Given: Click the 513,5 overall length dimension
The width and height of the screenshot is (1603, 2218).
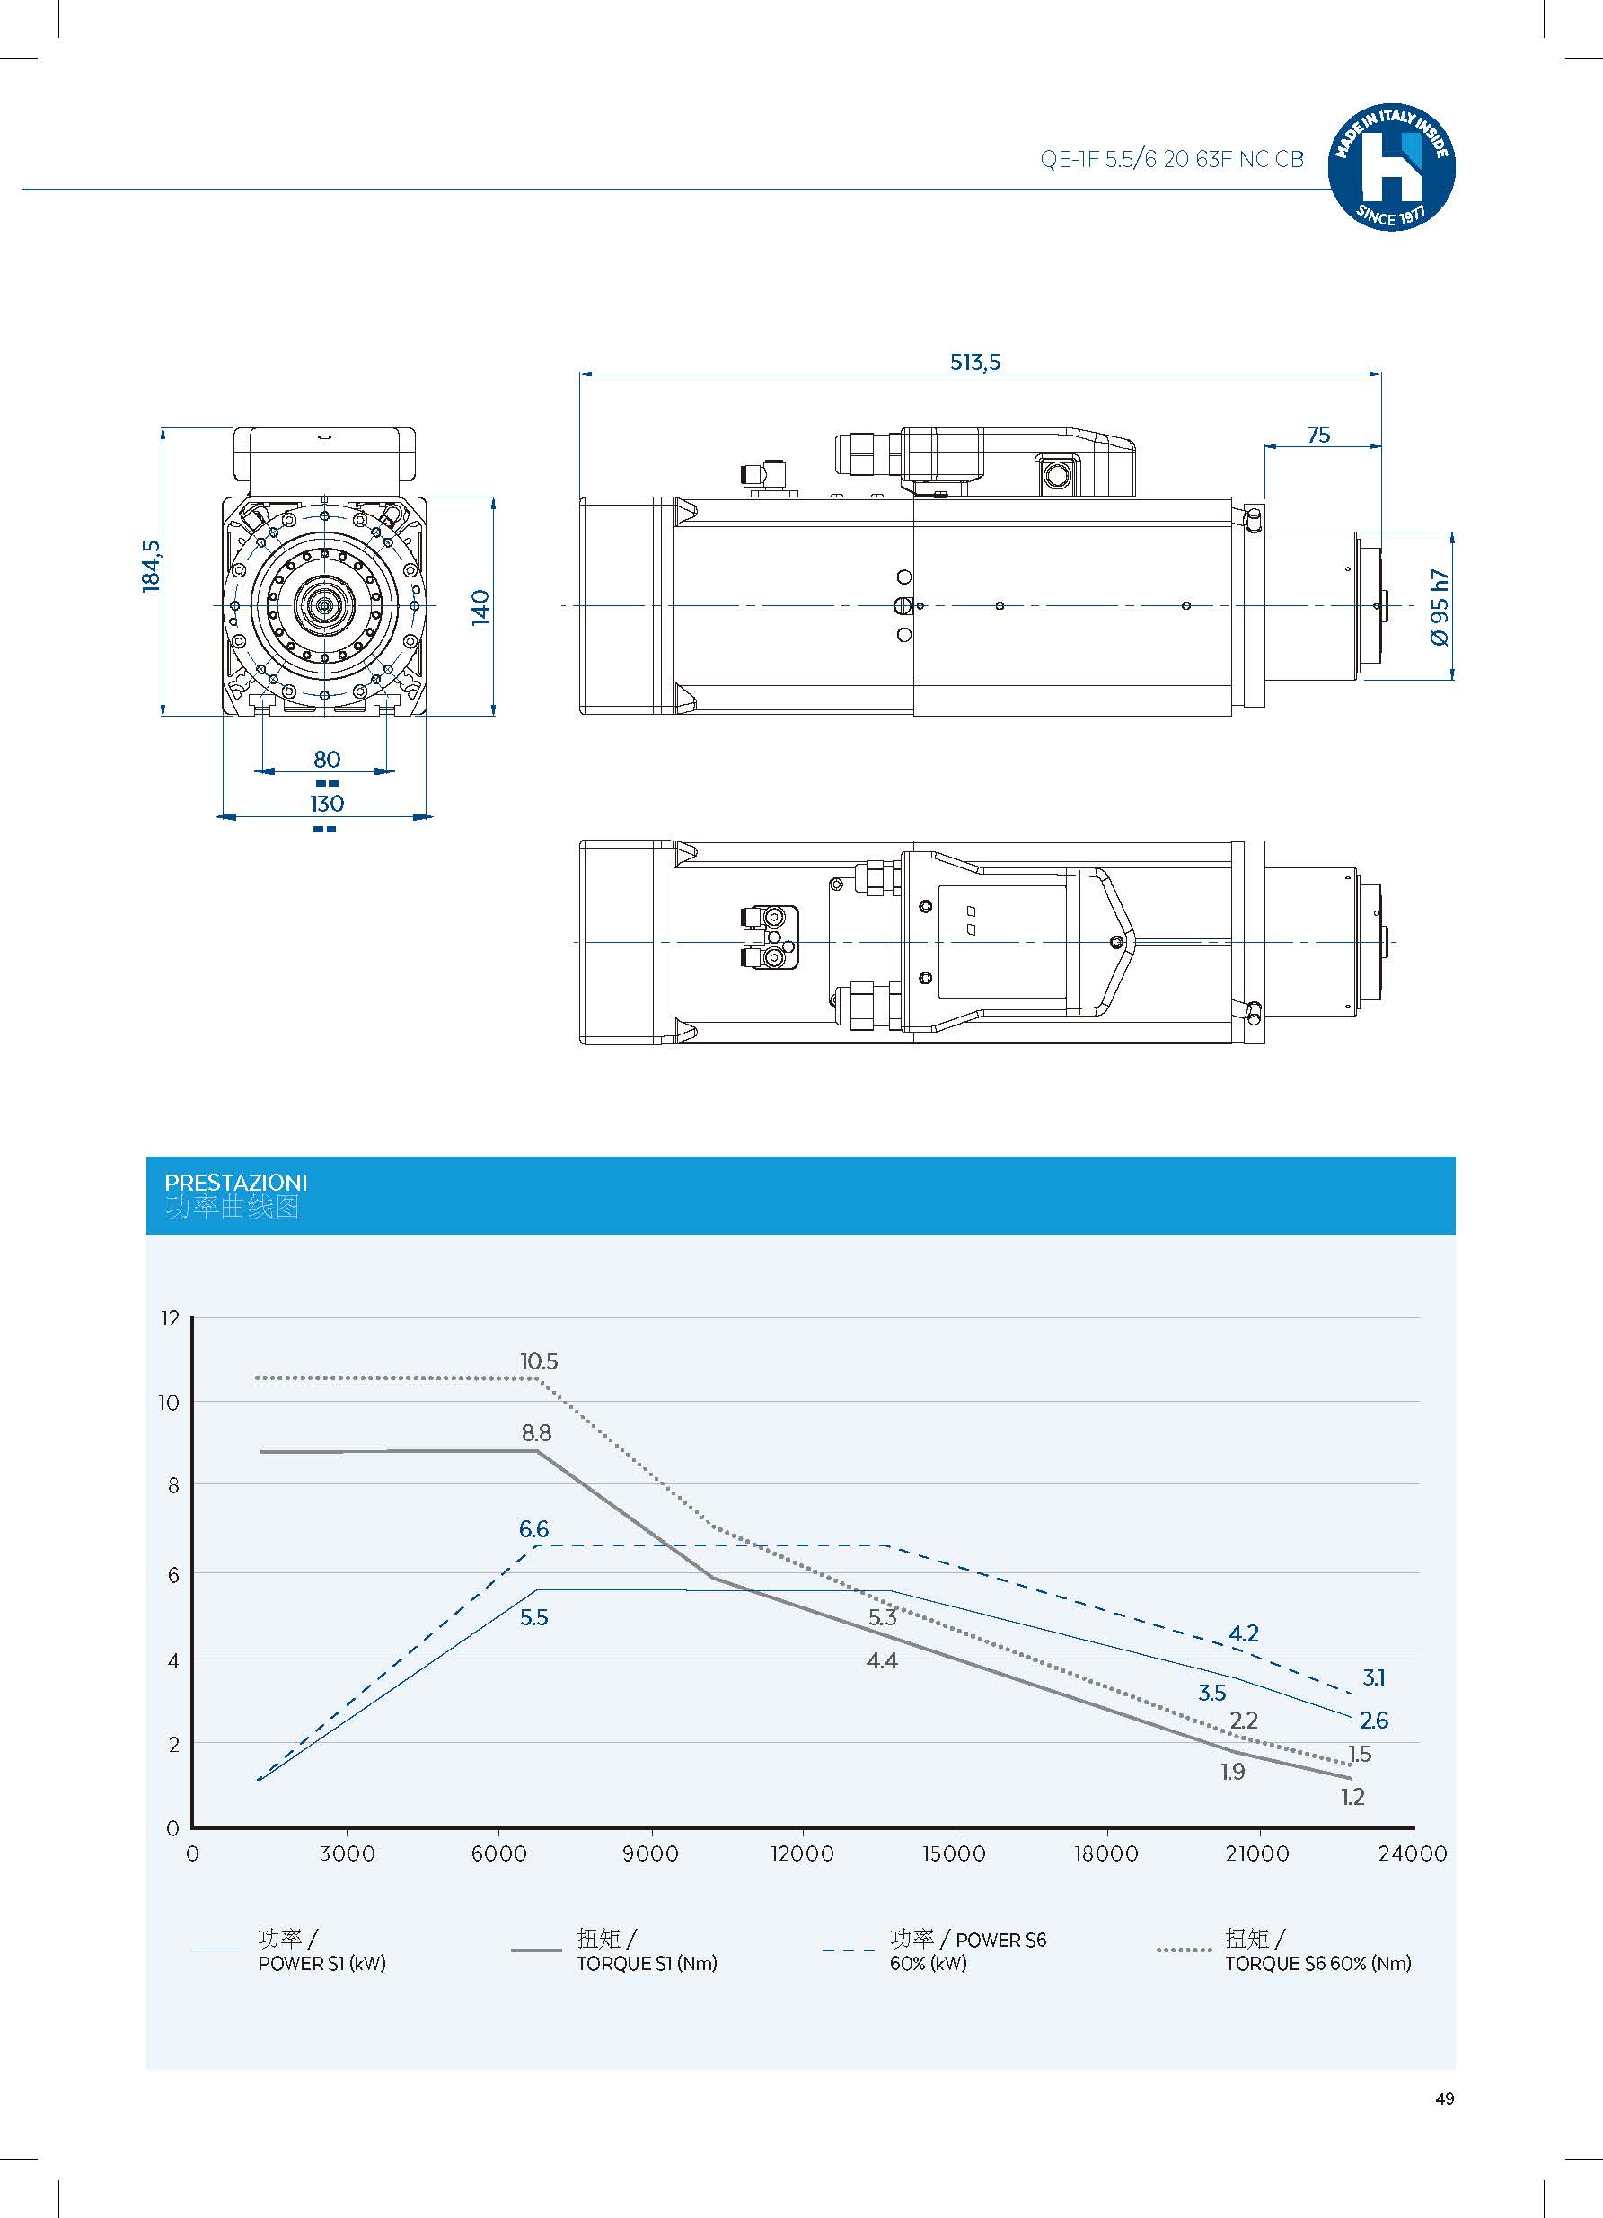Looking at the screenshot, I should pyautogui.click(x=975, y=362).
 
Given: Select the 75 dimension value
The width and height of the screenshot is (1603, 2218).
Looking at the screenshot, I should pyautogui.click(x=1317, y=436).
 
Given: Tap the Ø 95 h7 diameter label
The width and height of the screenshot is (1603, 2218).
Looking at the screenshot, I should pyautogui.click(x=1439, y=607).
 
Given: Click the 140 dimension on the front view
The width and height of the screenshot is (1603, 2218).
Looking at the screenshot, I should pyautogui.click(x=480, y=607).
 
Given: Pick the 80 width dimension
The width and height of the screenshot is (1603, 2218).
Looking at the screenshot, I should pyautogui.click(x=327, y=759).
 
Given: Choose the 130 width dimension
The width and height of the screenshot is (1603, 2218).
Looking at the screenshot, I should pyautogui.click(x=327, y=803).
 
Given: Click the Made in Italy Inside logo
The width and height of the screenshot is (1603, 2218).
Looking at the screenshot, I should pyautogui.click(x=1391, y=167).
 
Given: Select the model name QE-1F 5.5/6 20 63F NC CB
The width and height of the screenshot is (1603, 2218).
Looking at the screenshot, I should pyautogui.click(x=1172, y=160).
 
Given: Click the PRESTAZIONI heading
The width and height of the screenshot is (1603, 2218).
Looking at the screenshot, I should pyautogui.click(x=235, y=1183).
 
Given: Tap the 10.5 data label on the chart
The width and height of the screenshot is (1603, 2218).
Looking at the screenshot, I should pyautogui.click(x=539, y=1361).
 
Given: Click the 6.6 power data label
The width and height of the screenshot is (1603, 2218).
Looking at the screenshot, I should pyautogui.click(x=533, y=1528).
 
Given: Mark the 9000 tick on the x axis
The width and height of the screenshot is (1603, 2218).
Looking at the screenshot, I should pyautogui.click(x=650, y=1854).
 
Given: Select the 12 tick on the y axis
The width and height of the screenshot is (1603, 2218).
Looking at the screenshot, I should pyautogui.click(x=172, y=1318).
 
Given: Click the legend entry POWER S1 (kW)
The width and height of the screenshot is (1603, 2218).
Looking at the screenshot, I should pyautogui.click(x=321, y=1963).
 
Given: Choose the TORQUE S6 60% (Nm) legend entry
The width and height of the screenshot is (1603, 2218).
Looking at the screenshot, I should pyautogui.click(x=1317, y=1963).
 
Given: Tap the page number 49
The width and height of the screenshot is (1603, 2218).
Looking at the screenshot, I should pyautogui.click(x=1445, y=2099).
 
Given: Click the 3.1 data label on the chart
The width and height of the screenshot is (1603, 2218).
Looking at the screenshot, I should pyautogui.click(x=1373, y=1677).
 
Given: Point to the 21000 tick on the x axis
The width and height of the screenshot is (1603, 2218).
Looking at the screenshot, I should pyautogui.click(x=1256, y=1854).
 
